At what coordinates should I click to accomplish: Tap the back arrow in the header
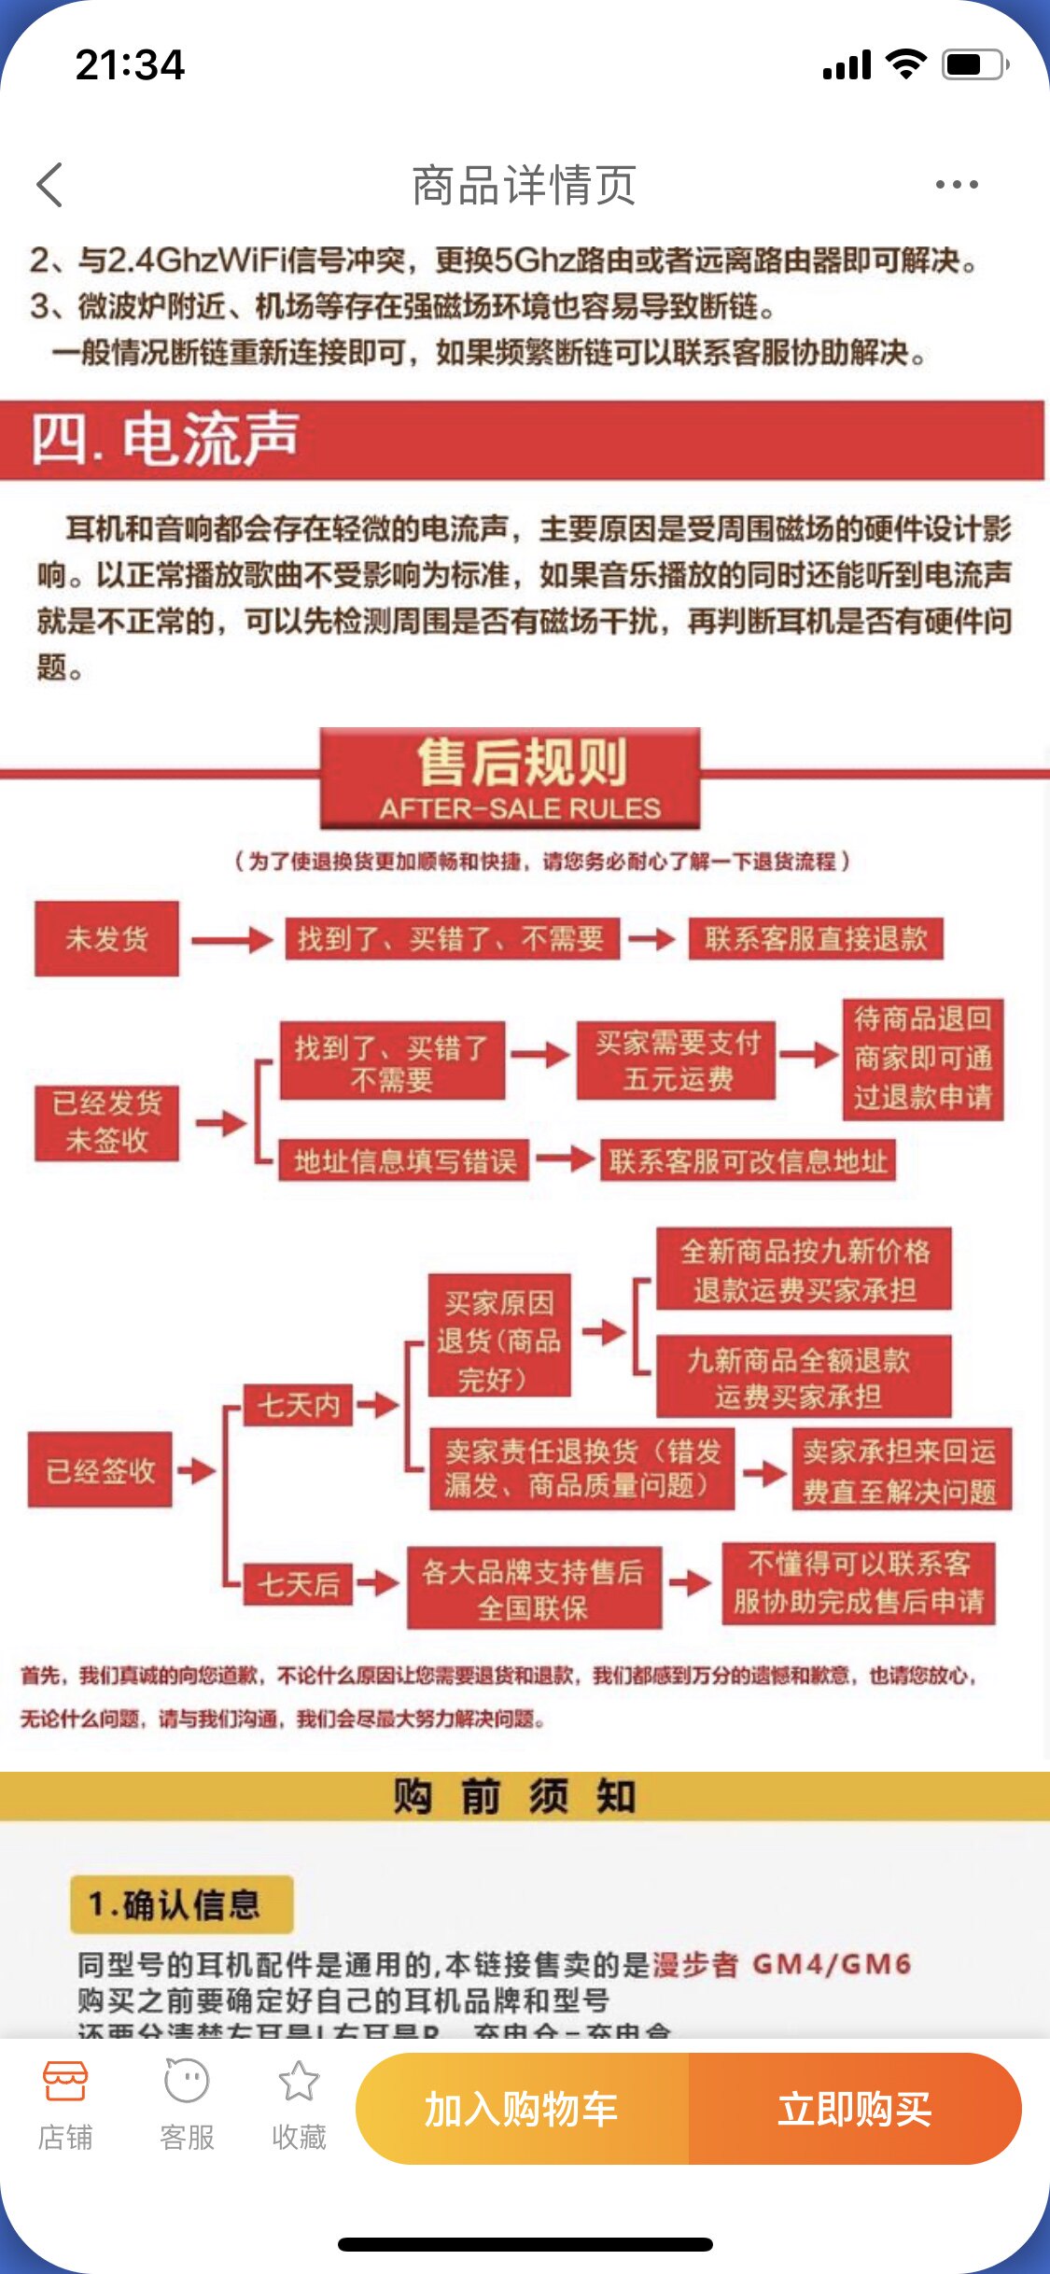(50, 185)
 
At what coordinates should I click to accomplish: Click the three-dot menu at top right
(957, 185)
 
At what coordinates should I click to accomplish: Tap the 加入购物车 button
(522, 2109)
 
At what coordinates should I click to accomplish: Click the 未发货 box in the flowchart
(106, 938)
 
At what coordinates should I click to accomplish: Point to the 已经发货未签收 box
(106, 1122)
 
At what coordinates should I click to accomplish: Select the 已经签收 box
(100, 1470)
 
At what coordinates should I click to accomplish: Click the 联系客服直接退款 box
(816, 939)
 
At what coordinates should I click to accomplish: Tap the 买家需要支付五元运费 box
(678, 1060)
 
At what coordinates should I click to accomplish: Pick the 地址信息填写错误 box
(405, 1161)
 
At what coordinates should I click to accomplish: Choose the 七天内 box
(299, 1405)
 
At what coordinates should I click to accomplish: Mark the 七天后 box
(299, 1584)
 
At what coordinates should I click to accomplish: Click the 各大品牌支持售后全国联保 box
(534, 1589)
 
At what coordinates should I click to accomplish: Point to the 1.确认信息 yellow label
(182, 1904)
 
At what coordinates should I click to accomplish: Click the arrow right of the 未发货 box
(231, 939)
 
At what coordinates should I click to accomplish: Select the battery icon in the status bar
(974, 65)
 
